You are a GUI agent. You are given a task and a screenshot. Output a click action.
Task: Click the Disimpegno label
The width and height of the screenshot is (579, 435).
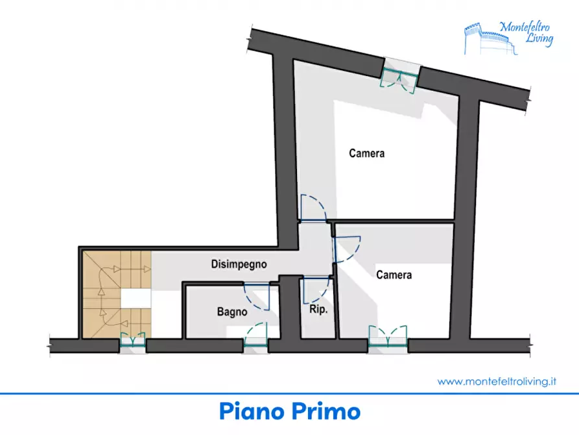click(239, 264)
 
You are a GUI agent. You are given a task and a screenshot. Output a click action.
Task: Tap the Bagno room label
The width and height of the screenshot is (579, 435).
click(232, 312)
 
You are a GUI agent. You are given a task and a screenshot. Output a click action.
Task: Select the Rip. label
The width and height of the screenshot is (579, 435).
click(318, 310)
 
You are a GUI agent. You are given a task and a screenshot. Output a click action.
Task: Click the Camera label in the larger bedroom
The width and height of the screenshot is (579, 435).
click(366, 154)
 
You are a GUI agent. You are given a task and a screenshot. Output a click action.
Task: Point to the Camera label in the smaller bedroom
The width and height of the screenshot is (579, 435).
click(394, 275)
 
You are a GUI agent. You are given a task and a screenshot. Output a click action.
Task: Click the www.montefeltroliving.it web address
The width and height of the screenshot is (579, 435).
click(497, 382)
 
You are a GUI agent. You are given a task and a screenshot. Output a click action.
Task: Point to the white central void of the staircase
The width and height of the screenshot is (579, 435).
click(136, 299)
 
